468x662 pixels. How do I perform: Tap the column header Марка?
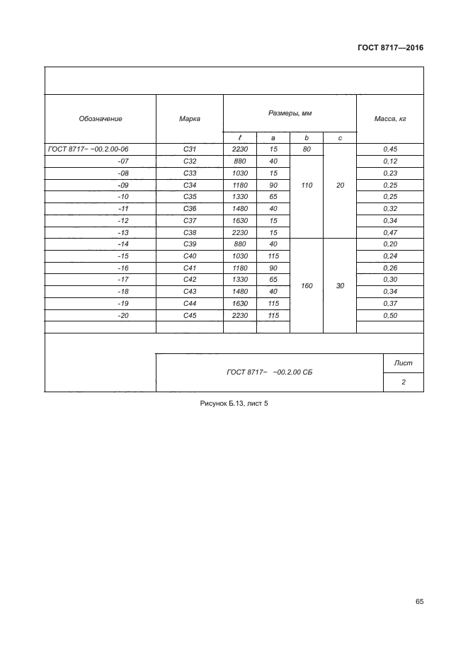point(189,118)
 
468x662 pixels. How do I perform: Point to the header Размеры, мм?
point(290,113)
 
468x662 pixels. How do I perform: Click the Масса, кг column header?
point(389,118)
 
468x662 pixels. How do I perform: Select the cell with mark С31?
point(189,149)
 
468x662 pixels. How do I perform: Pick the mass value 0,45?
point(389,149)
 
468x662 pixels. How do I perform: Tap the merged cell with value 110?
point(306,185)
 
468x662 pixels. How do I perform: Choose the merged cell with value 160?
point(306,286)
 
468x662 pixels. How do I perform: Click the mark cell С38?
point(189,232)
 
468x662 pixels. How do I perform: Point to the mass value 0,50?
point(389,315)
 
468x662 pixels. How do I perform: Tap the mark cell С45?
point(189,315)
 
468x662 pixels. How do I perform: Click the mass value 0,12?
point(389,161)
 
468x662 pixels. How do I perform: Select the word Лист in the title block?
point(403,363)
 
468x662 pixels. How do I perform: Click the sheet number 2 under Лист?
point(403,382)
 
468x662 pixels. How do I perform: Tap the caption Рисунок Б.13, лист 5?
point(234,404)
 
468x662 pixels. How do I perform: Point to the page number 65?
point(419,601)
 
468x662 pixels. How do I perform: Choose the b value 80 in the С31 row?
point(306,149)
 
